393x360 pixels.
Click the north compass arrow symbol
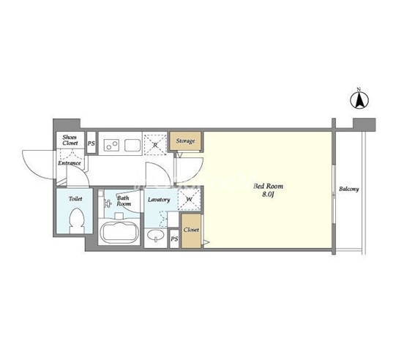pyautogui.click(x=359, y=101)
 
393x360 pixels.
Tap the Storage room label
pyautogui.click(x=185, y=141)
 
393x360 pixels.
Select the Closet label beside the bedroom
pyautogui.click(x=191, y=230)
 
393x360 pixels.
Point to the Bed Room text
pyautogui.click(x=268, y=187)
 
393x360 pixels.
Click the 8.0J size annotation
pyautogui.click(x=268, y=195)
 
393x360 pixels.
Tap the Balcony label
pyautogui.click(x=349, y=189)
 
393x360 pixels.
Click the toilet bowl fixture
pyautogui.click(x=77, y=221)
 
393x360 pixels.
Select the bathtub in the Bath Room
pyautogui.click(x=119, y=233)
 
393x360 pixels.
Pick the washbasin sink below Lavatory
pyautogui.click(x=156, y=236)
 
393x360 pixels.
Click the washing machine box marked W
pyautogui.click(x=190, y=200)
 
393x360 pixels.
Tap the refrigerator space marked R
pyautogui.click(x=155, y=145)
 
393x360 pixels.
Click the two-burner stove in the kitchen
pyautogui.click(x=112, y=145)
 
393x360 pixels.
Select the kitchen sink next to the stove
pyautogui.click(x=132, y=146)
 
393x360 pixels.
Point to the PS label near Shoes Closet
pyautogui.click(x=91, y=143)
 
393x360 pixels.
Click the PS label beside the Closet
pyautogui.click(x=174, y=239)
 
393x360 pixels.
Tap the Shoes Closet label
pyautogui.click(x=70, y=140)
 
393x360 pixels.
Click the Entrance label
pyautogui.click(x=70, y=163)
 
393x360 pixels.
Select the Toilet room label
pyautogui.click(x=75, y=199)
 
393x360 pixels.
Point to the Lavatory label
pyautogui.click(x=159, y=200)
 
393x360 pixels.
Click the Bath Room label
pyautogui.click(x=124, y=200)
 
